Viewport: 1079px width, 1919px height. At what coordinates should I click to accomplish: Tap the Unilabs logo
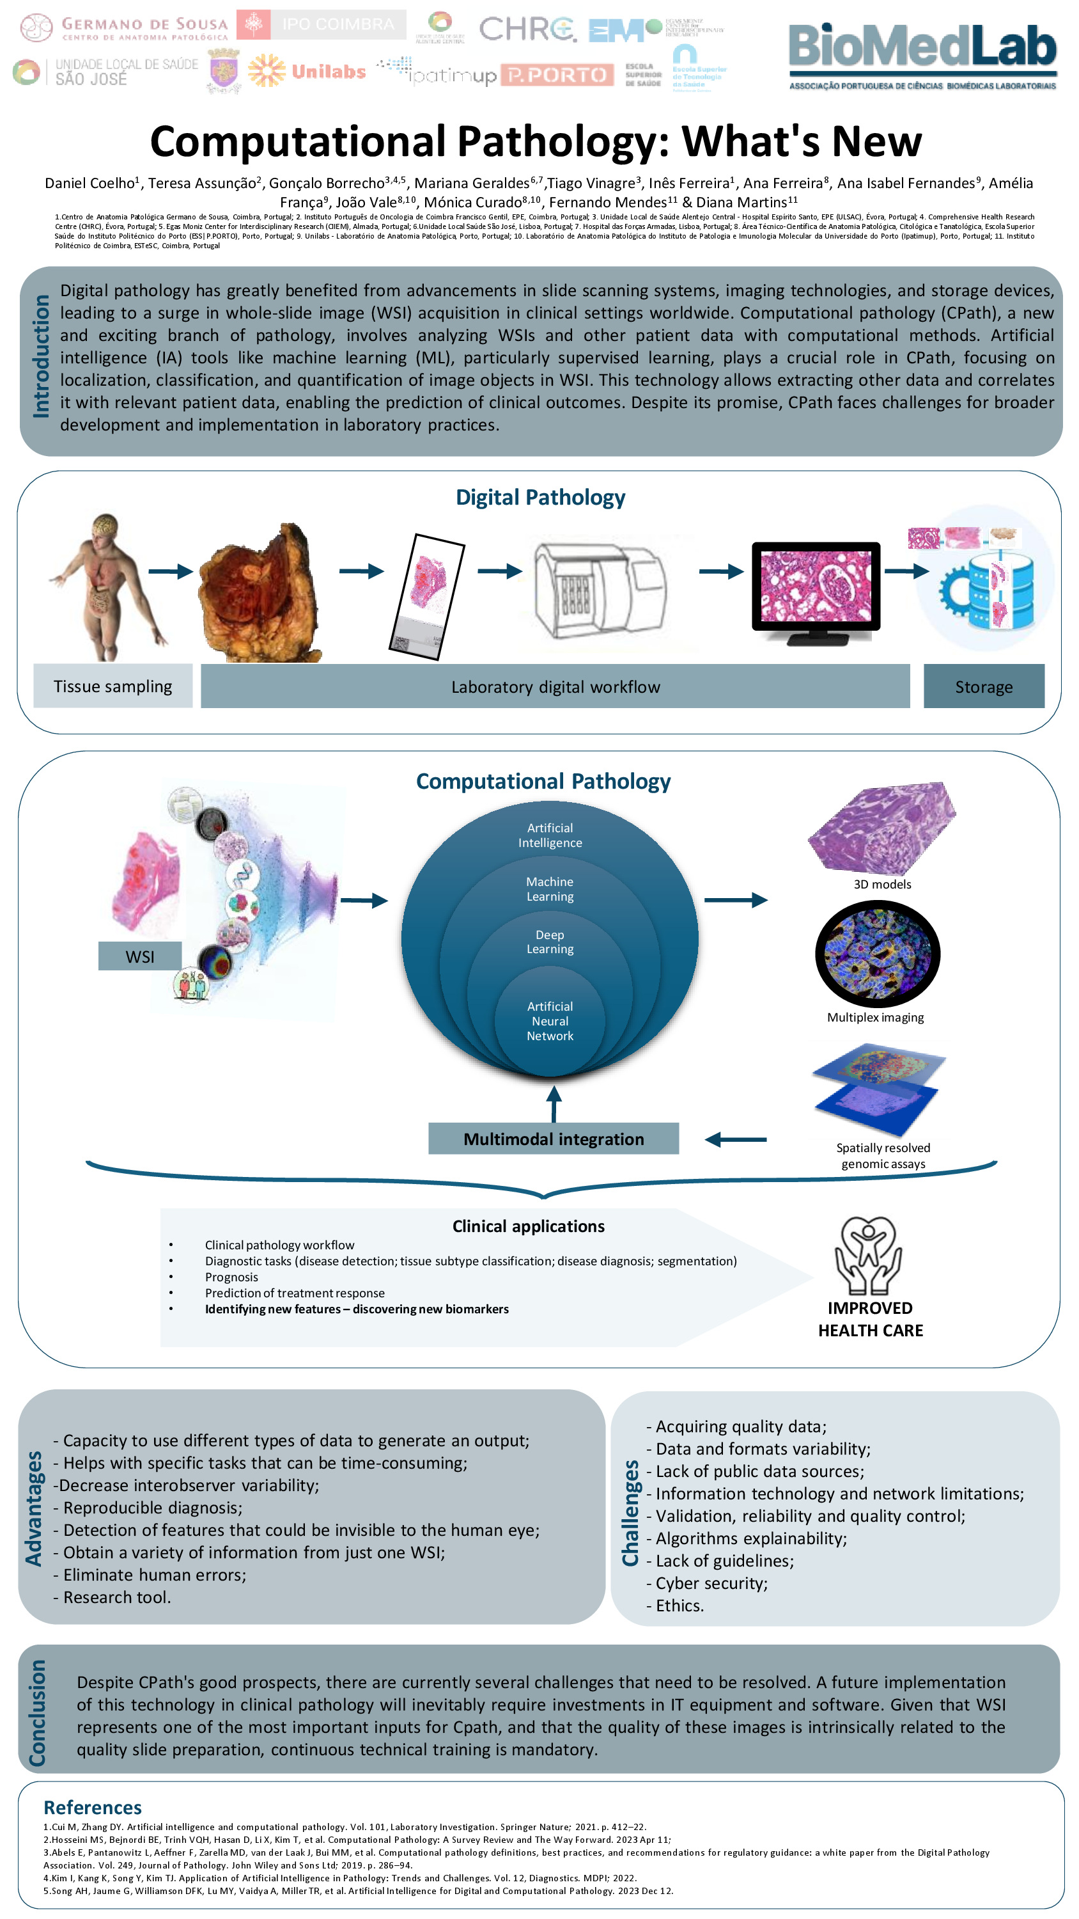pos(307,72)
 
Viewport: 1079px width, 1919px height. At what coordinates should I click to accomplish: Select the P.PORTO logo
pos(557,74)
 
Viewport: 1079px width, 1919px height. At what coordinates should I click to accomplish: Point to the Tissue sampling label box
pos(113,686)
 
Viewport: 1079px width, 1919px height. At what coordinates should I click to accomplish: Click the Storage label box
pos(983,686)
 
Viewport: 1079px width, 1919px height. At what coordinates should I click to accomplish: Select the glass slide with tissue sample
pos(427,596)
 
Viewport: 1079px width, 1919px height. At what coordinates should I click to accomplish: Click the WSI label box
pos(140,956)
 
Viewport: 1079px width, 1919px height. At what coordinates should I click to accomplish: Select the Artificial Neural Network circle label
pos(550,1020)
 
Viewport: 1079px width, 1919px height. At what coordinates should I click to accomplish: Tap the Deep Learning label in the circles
pos(550,942)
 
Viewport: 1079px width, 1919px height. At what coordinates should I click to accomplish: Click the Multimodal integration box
pos(554,1139)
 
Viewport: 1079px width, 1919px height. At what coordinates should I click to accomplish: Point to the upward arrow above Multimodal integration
pos(554,1103)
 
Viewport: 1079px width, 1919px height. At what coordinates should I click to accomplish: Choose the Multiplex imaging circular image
pos(877,954)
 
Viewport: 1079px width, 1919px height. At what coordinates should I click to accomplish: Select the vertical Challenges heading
pos(631,1512)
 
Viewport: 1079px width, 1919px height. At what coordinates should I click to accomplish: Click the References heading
pos(92,1806)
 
